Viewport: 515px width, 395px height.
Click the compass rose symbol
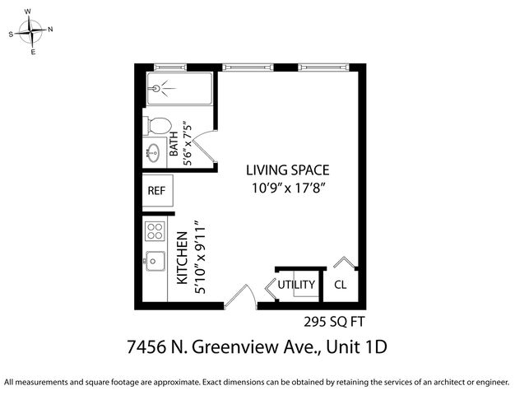(x=30, y=32)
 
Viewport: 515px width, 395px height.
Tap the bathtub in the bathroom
(x=179, y=89)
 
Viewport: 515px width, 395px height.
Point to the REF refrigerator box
(x=156, y=190)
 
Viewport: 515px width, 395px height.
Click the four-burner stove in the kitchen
(x=155, y=230)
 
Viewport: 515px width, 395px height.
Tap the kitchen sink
(x=155, y=261)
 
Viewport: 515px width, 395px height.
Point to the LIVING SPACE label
(x=288, y=170)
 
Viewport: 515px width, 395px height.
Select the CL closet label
(x=340, y=286)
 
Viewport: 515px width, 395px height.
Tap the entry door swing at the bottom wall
(x=240, y=296)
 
